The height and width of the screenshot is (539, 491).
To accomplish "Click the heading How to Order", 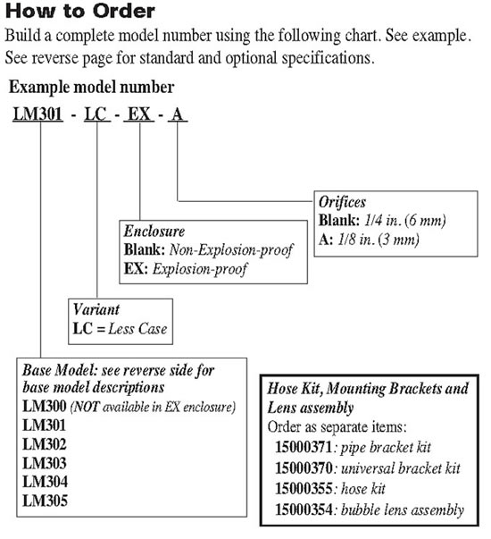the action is pyautogui.click(x=80, y=11).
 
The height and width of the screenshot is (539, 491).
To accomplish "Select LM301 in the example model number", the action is pyautogui.click(x=37, y=114).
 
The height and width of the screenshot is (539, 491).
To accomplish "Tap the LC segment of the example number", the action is pyautogui.click(x=96, y=114).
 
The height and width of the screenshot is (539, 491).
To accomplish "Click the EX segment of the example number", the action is pyautogui.click(x=139, y=114).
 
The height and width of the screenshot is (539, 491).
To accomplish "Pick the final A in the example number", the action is pyautogui.click(x=177, y=114).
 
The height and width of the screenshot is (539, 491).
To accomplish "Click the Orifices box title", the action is pyautogui.click(x=342, y=202).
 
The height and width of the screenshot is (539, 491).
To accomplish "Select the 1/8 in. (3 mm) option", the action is pyautogui.click(x=378, y=240).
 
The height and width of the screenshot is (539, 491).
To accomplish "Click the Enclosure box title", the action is pyautogui.click(x=154, y=231).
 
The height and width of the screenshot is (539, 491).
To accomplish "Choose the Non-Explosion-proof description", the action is pyautogui.click(x=231, y=250).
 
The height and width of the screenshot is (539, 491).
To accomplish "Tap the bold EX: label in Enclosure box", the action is pyautogui.click(x=136, y=269).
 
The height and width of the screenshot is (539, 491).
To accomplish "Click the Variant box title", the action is pyautogui.click(x=96, y=309).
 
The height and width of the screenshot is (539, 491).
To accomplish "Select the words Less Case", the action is pyautogui.click(x=137, y=329).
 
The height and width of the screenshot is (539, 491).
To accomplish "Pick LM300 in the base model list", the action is pyautogui.click(x=45, y=407).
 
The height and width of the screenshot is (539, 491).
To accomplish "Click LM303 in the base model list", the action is pyautogui.click(x=45, y=463).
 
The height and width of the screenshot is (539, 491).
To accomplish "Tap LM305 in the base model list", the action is pyautogui.click(x=45, y=501).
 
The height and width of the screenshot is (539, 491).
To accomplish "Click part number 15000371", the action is pyautogui.click(x=304, y=447).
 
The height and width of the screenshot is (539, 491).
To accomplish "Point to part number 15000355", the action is pyautogui.click(x=304, y=488).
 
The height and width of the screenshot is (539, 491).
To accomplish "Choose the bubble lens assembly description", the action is pyautogui.click(x=403, y=510).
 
